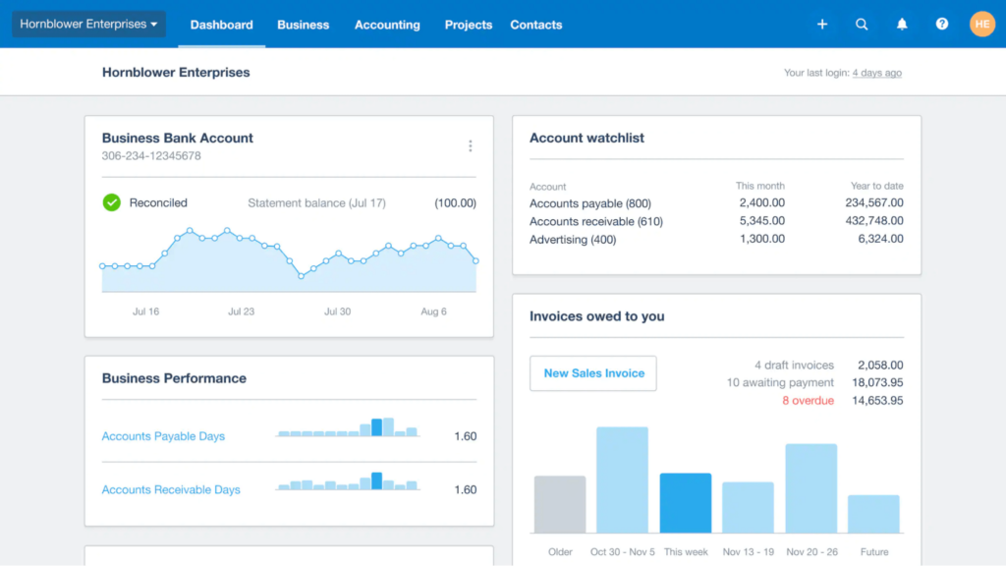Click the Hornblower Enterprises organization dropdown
tap(88, 25)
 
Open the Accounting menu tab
tap(387, 25)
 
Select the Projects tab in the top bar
tap(469, 25)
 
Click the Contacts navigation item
tap(536, 25)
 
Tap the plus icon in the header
tap(822, 25)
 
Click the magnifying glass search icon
tap(862, 25)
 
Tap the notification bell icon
tap(902, 25)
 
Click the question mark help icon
tap(942, 25)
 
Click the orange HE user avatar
tap(981, 25)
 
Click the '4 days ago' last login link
tap(876, 73)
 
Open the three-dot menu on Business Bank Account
tap(471, 146)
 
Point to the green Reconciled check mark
tap(112, 202)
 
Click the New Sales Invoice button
tap(593, 373)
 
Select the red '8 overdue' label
tap(808, 401)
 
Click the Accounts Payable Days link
tap(163, 436)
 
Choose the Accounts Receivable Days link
tap(171, 489)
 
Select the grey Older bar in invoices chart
tap(560, 505)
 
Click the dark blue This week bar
tap(686, 503)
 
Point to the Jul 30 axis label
tap(337, 311)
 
